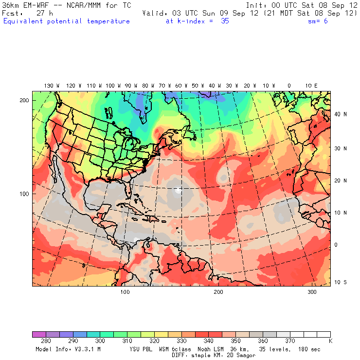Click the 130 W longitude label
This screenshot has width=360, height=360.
(x=49, y=86)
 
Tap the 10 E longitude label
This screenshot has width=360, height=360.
(x=311, y=86)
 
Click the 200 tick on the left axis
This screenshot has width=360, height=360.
(x=24, y=100)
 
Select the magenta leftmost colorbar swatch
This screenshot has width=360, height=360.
(x=39, y=335)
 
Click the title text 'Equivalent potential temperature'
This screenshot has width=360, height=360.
(x=67, y=21)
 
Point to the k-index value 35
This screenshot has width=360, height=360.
(x=225, y=21)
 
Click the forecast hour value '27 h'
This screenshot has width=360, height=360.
(x=44, y=14)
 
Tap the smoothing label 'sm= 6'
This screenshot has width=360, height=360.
(x=319, y=21)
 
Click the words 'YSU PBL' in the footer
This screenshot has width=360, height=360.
(x=142, y=349)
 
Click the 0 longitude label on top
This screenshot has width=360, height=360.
(x=289, y=86)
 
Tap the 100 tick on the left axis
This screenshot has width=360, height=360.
(x=24, y=194)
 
